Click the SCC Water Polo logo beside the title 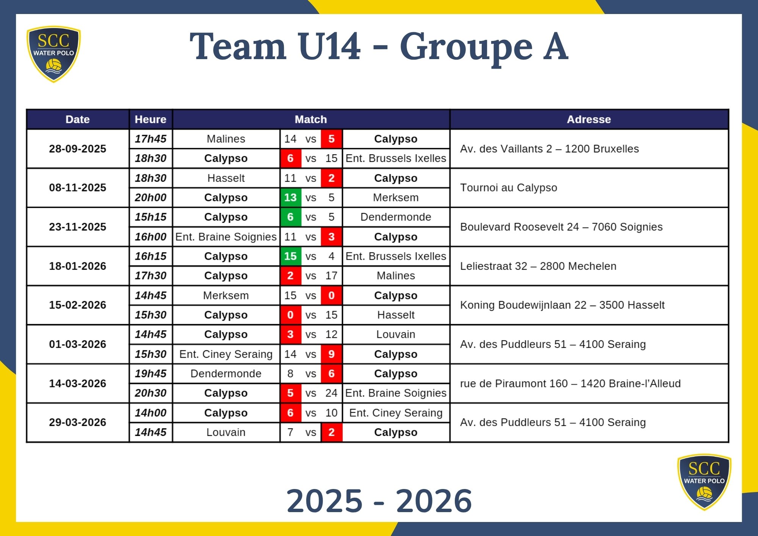53,54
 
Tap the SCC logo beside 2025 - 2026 704,481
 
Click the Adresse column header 589,119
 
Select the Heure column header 150,119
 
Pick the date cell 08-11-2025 78,188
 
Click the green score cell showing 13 290,197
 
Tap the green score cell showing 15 290,256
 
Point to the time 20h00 150,197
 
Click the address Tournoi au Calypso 508,188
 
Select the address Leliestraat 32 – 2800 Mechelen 538,266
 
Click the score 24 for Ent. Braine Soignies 331,393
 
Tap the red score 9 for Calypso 331,354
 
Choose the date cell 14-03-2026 78,383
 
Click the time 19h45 150,374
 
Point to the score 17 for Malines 331,276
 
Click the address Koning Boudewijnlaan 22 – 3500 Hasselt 562,305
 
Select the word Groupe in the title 466,47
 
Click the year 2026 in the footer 434,501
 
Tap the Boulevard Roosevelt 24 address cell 561,227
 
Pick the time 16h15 150,256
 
